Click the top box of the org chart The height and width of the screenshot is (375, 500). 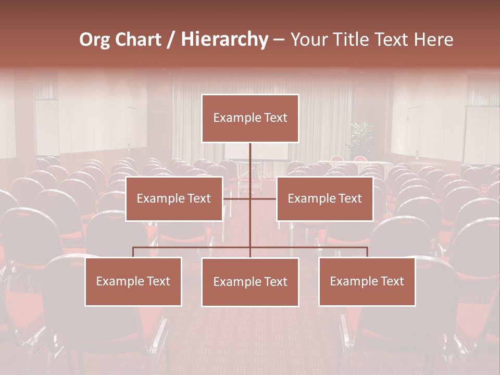(250, 118)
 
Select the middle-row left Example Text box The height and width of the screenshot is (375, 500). (174, 198)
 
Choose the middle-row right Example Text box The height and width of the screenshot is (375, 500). (324, 198)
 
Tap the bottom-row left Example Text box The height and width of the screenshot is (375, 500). (133, 281)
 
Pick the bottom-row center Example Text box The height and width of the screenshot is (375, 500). (250, 282)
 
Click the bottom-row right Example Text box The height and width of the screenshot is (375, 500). (367, 281)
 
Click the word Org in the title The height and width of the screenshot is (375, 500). (94, 40)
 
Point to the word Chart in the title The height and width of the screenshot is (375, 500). (137, 40)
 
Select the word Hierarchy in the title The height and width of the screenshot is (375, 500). (224, 40)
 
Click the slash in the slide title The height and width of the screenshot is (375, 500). (171, 40)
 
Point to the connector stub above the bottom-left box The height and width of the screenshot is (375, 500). (133, 252)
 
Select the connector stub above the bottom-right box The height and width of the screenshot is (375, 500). (367, 252)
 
